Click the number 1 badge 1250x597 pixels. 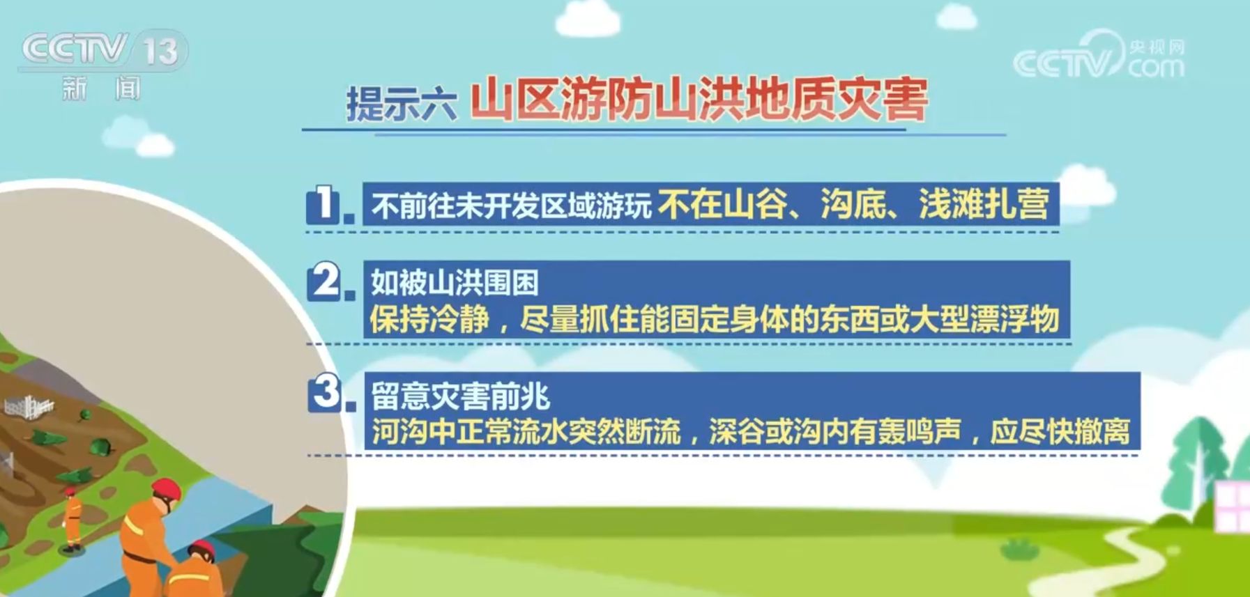coord(325,205)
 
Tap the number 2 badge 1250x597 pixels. coord(326,282)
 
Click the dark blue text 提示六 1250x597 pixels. coord(401,104)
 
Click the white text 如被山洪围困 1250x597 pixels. coord(455,283)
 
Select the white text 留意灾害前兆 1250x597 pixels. coord(460,396)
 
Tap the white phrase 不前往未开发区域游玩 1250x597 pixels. coord(512,206)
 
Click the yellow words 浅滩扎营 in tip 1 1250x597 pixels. coord(984,204)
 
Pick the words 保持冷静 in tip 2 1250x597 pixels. coord(429,320)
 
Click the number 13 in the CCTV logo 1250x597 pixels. coord(160,51)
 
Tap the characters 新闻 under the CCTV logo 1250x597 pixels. coord(101,89)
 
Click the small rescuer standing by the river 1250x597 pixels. coord(72,519)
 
